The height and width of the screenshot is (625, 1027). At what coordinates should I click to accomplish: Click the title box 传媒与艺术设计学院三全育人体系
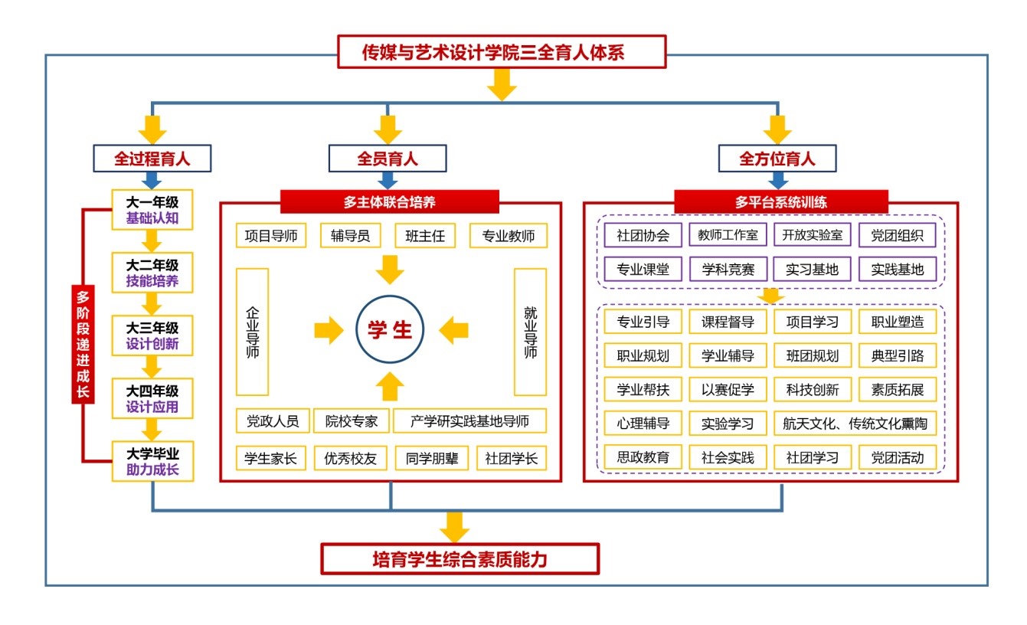[x=502, y=53]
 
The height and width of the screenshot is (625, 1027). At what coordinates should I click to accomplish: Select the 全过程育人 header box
[x=152, y=159]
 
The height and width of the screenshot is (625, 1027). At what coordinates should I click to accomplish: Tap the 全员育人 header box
[x=388, y=159]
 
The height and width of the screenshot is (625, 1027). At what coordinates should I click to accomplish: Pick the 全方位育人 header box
[x=777, y=159]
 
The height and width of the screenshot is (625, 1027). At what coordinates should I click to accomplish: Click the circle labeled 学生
[x=391, y=329]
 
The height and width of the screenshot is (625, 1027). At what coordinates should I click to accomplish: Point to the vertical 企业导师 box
[x=253, y=331]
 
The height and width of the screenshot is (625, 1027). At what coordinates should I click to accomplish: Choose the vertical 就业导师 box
[x=530, y=331]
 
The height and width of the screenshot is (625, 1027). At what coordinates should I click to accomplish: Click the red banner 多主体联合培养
[x=390, y=202]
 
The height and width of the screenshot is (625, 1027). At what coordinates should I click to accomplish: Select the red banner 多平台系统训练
[x=780, y=202]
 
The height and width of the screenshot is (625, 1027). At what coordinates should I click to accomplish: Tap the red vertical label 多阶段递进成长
[x=83, y=345]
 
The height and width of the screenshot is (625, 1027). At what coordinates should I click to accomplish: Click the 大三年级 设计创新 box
[x=152, y=335]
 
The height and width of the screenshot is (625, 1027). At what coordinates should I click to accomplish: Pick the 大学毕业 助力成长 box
[x=152, y=461]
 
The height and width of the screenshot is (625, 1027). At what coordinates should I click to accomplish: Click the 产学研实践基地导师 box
[x=470, y=420]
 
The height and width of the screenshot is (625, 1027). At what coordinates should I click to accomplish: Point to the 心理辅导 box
[x=643, y=424]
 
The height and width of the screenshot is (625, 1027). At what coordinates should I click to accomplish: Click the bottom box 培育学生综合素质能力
[x=460, y=559]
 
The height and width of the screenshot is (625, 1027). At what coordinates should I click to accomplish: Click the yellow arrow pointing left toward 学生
[x=453, y=331]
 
